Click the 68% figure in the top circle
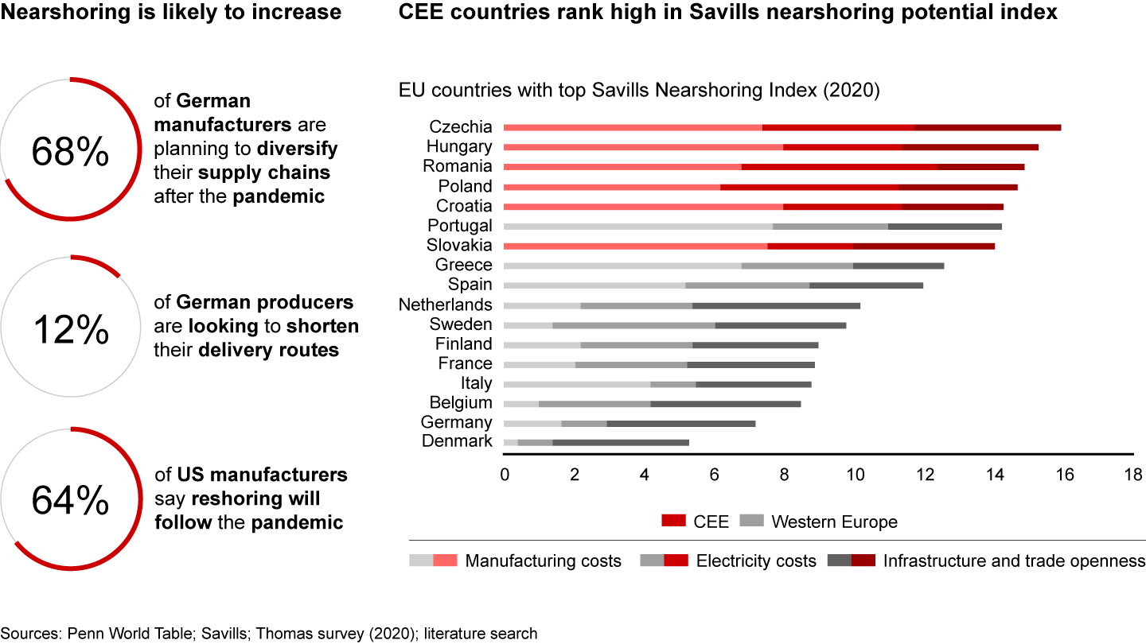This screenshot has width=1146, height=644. click(x=70, y=152)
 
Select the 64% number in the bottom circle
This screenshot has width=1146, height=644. click(x=70, y=500)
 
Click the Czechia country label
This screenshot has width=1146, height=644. click(x=461, y=127)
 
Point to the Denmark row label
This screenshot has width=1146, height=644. click(x=457, y=441)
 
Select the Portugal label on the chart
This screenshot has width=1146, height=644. click(x=460, y=226)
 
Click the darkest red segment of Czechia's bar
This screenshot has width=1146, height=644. click(x=988, y=127)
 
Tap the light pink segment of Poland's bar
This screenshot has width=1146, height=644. click(x=612, y=187)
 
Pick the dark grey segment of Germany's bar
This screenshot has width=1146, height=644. click(x=680, y=423)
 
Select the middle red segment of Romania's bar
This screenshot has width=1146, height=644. click(x=840, y=167)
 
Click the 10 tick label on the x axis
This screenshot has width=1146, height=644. click(x=854, y=475)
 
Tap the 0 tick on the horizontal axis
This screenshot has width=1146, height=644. click(x=505, y=475)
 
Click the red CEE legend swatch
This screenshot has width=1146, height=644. click(x=672, y=522)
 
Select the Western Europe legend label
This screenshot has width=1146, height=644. click(x=834, y=522)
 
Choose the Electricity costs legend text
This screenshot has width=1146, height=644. click(x=756, y=561)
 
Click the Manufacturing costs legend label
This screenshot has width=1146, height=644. click(x=543, y=561)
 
